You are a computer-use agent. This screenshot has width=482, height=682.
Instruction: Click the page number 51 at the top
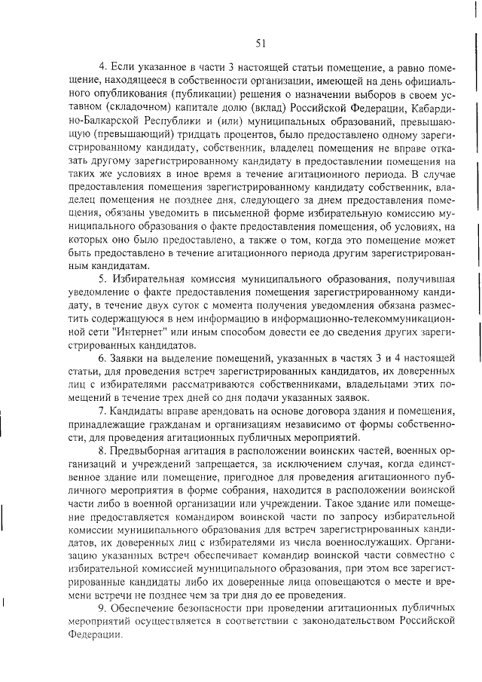coord(261,43)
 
